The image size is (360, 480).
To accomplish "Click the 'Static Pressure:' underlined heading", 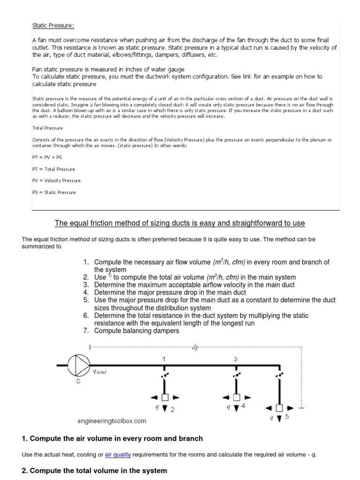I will coord(52,25).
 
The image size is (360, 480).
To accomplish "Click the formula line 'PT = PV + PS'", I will coord(47,157).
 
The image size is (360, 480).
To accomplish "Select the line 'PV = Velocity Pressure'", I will coord(56,180).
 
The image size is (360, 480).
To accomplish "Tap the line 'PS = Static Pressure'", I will coord(53,192).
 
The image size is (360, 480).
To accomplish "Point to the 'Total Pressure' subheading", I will coord(47,127).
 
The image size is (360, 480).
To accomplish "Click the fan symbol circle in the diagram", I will coord(77,365).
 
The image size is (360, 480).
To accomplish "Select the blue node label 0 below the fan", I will coord(78,382).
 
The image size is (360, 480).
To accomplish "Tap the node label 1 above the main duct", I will coord(164,359).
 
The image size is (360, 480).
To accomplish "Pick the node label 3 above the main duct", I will coord(235,359).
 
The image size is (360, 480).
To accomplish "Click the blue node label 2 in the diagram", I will coord(172,410).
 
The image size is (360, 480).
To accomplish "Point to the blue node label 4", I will coord(243,405).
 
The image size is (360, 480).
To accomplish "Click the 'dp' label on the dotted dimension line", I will coord(195,347).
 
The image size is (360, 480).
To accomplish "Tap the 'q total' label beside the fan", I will coord(100,371).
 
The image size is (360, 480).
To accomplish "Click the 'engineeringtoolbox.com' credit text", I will coord(112,421).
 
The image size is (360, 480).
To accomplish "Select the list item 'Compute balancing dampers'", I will coord(136,330).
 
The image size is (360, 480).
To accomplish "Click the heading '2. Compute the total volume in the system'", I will coord(94,470).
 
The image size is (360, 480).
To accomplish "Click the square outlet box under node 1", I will coord(164,397).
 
